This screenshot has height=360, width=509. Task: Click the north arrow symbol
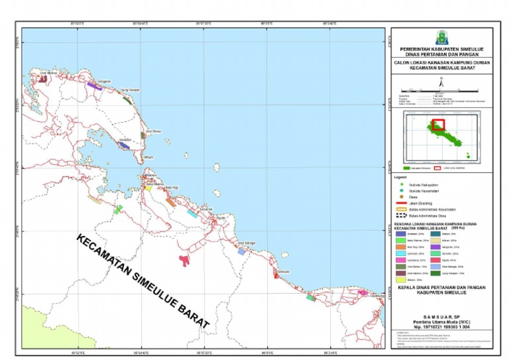tap(441, 82)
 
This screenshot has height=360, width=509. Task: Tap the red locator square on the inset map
tap(438, 125)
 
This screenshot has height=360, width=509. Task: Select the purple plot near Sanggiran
tap(93, 86)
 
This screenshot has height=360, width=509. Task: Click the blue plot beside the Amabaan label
tap(124, 144)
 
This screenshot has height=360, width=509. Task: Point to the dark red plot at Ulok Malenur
tap(43, 79)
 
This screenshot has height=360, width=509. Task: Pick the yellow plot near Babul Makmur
tap(148, 188)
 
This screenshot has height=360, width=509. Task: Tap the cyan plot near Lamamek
tap(192, 213)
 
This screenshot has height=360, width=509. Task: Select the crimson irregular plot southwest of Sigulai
tap(185, 260)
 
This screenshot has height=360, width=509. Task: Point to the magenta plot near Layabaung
tap(362, 292)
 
